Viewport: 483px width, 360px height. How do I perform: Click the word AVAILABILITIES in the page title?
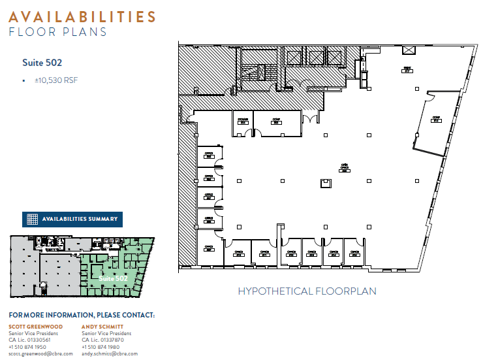point(82,17)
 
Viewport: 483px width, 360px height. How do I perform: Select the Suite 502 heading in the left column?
point(42,63)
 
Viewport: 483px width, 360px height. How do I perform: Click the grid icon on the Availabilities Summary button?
point(32,219)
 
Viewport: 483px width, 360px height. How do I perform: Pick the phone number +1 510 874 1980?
point(101,346)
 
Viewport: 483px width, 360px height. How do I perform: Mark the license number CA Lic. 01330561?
point(29,340)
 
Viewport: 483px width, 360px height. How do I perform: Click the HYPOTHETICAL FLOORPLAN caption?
point(307,291)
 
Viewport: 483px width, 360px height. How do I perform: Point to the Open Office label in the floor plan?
point(344,168)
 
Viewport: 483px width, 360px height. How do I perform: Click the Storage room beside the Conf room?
point(242,122)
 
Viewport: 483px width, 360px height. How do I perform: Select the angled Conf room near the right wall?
point(435,120)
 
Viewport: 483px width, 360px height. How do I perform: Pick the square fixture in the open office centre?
point(324,184)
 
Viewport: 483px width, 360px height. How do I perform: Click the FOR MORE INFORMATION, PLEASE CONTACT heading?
point(82,315)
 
